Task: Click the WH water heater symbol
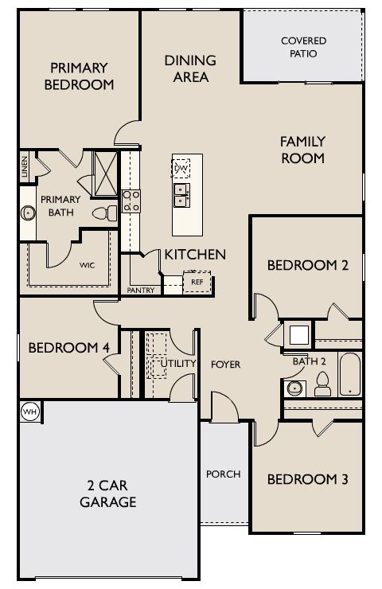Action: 29,412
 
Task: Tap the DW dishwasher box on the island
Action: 181,168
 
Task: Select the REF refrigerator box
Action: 197,282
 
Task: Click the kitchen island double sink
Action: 181,195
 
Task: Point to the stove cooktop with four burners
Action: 131,201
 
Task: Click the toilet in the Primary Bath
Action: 105,213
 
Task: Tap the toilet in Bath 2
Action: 322,384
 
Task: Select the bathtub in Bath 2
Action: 349,374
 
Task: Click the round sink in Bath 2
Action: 294,388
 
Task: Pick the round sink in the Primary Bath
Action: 28,213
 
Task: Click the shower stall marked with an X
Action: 105,174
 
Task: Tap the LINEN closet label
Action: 25,166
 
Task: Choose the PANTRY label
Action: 141,290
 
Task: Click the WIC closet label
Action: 87,265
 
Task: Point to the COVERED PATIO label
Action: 303,47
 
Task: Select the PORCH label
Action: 224,474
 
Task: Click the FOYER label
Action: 225,365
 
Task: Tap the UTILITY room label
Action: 178,363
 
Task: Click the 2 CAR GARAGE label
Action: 107,493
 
